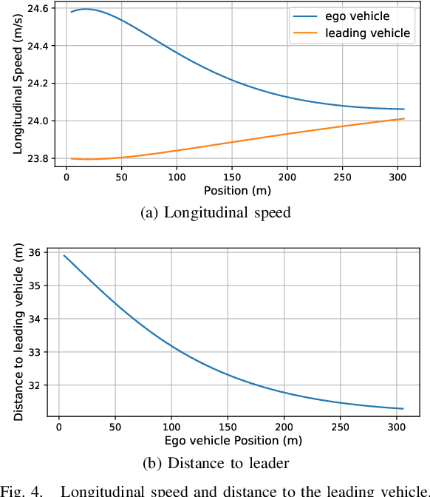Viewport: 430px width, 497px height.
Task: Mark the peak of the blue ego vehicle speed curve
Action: point(87,9)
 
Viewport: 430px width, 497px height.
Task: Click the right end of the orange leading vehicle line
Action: point(404,118)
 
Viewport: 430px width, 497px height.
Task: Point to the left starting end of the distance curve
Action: point(64,256)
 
